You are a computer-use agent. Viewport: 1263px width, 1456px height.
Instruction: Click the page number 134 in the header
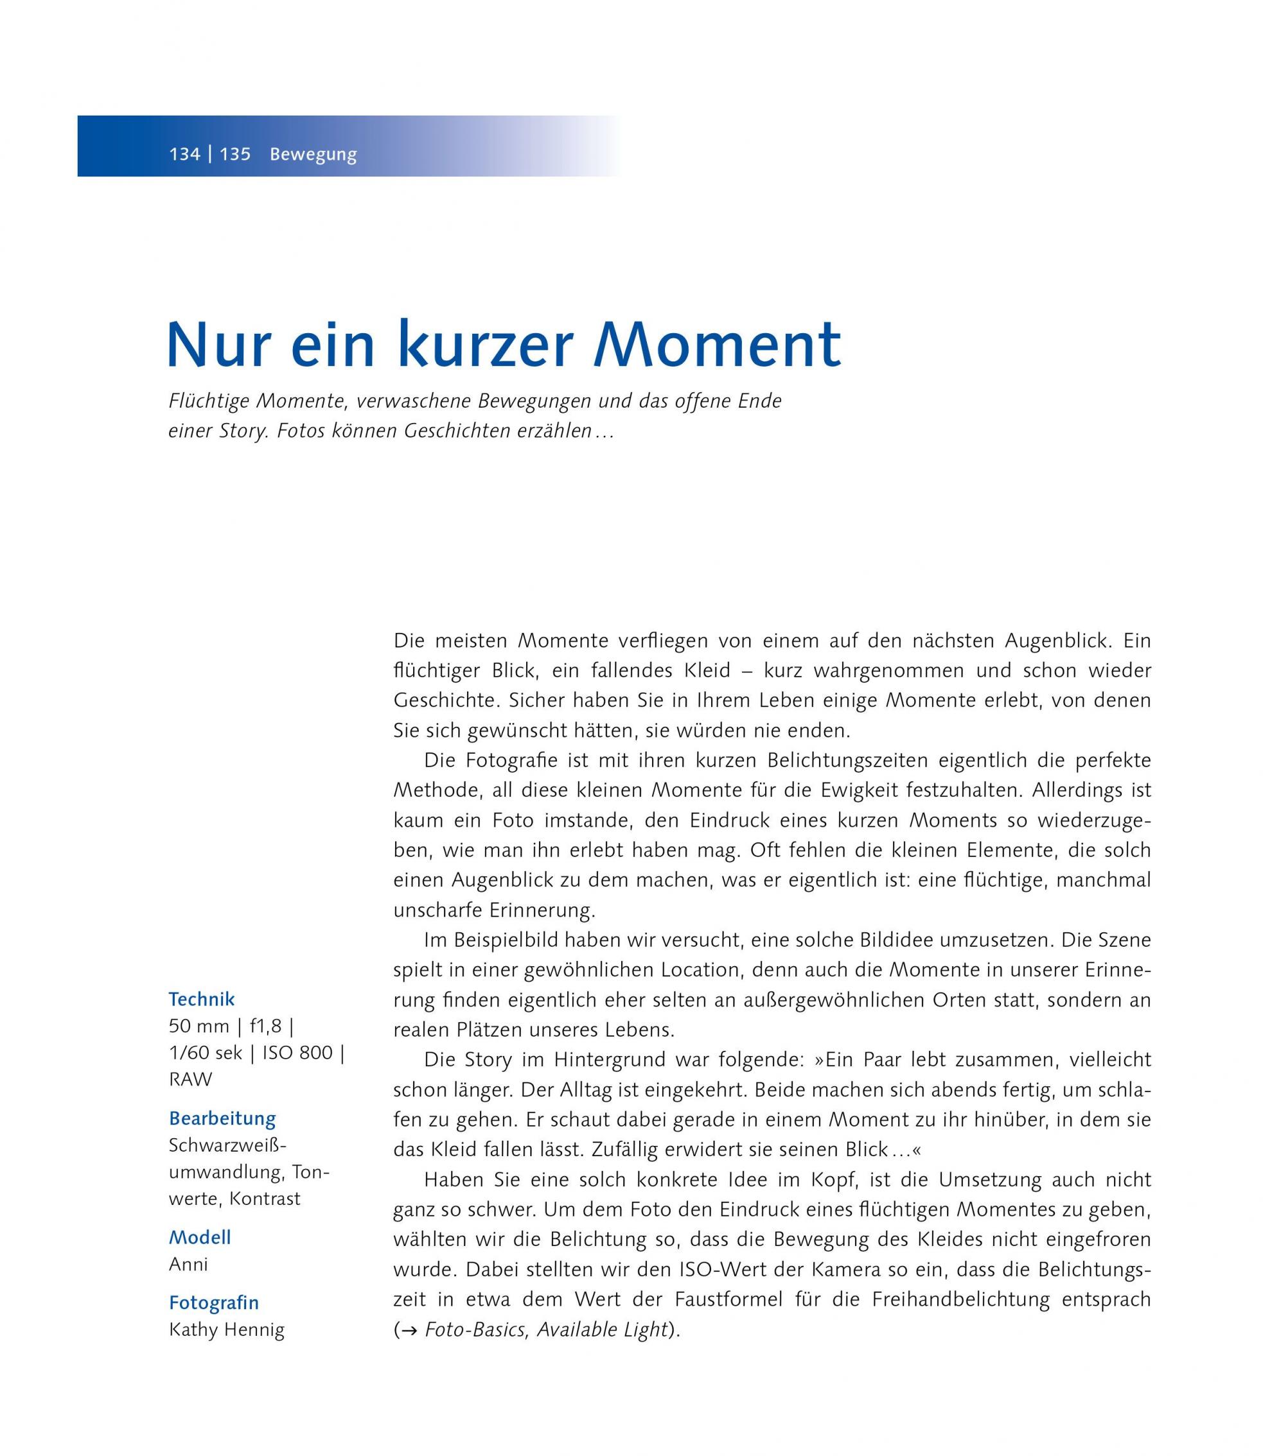184,154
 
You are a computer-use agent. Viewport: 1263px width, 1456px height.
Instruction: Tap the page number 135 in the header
235,154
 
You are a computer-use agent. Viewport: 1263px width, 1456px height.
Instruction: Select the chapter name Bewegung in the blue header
313,155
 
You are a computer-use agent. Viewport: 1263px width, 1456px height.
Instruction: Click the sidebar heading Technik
202,999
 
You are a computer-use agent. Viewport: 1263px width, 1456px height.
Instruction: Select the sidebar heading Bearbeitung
222,1118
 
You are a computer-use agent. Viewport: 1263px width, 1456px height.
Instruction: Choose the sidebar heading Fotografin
213,1303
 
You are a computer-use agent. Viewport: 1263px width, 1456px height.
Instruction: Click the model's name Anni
188,1265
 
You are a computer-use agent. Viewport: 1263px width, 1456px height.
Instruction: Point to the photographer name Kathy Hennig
226,1330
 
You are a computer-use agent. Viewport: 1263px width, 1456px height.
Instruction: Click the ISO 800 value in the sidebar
297,1052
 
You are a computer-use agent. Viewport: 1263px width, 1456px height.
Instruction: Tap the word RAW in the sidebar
190,1079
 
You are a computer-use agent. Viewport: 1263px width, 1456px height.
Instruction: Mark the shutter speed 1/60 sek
205,1052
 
